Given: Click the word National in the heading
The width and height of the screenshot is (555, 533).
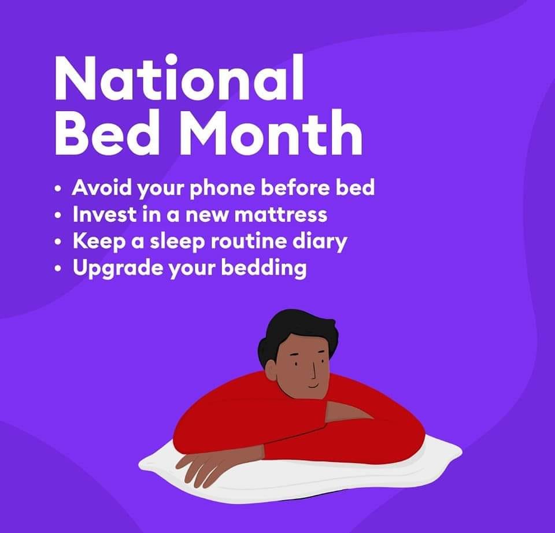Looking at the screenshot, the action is [179, 77].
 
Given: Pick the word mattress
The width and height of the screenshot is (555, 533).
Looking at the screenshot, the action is [281, 214].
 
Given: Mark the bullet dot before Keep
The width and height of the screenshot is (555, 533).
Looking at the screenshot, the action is [58, 242].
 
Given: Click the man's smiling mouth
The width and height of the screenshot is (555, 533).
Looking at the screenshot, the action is [313, 386].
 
